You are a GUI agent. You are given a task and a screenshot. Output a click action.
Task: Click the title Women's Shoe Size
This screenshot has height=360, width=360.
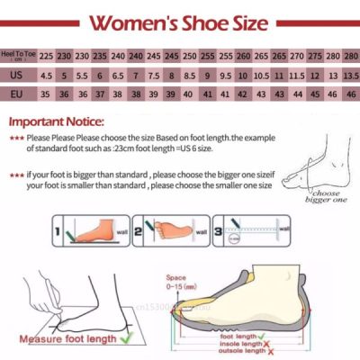(179, 21)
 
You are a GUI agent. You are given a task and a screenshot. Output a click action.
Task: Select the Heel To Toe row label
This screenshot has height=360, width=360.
(19, 55)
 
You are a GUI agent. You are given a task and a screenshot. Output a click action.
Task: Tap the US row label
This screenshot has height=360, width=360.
(19, 75)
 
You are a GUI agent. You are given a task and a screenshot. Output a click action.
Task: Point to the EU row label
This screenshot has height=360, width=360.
(19, 94)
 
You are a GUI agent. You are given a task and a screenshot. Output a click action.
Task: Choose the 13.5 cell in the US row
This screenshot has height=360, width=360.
(350, 75)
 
